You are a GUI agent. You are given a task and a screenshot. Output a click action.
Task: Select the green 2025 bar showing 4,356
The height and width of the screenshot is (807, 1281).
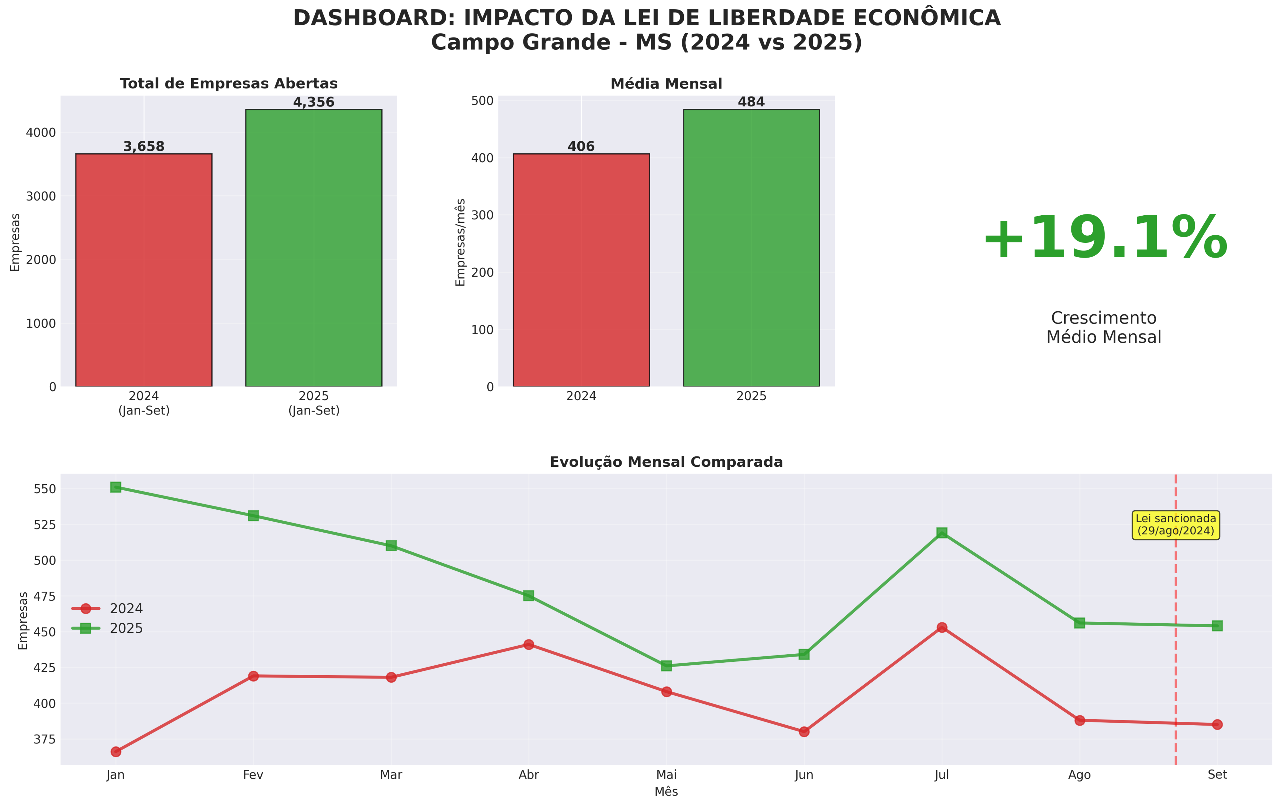[313, 248]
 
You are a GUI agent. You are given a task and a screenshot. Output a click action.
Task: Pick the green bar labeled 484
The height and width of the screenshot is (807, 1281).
[751, 248]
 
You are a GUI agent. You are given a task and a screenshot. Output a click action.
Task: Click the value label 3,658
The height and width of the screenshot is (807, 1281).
[144, 146]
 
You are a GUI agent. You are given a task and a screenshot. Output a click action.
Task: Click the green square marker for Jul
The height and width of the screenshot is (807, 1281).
[942, 533]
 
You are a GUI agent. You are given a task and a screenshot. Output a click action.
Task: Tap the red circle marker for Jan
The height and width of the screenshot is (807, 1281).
[116, 751]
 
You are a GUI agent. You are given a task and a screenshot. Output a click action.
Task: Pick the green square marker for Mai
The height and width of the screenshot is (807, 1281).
[667, 665]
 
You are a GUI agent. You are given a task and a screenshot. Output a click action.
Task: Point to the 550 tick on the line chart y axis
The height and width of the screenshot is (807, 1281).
[45, 489]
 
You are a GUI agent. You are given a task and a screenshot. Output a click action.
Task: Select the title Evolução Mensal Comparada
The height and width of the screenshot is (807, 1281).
[666, 462]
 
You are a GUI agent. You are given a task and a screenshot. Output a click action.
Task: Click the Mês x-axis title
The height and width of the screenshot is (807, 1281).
[666, 792]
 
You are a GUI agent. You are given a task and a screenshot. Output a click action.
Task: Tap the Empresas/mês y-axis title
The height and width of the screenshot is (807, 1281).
[461, 242]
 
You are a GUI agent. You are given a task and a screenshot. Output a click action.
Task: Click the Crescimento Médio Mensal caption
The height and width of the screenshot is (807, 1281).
[1104, 327]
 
